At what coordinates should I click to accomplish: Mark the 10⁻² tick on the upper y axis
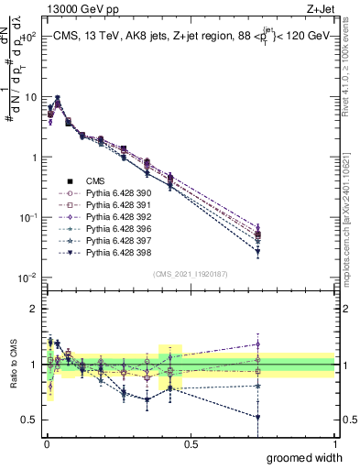[27, 278]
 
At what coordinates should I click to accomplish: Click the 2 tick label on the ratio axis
[33, 309]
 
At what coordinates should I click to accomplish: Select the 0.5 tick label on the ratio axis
[30, 420]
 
